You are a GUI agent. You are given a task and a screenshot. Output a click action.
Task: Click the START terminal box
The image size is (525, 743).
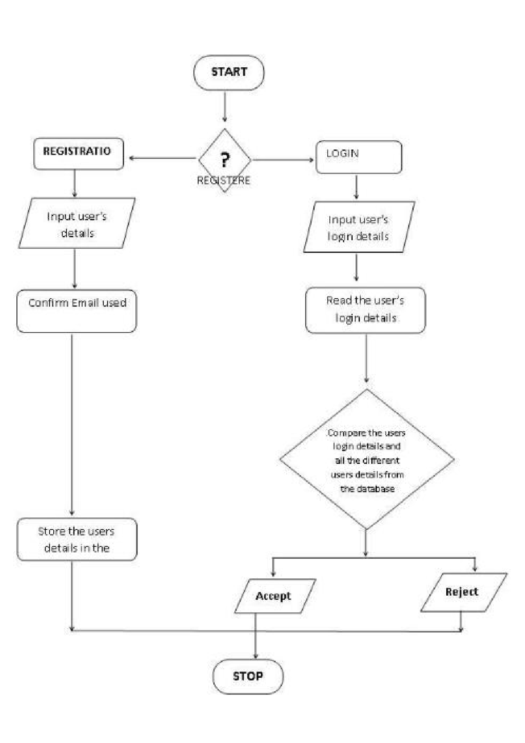tap(229, 73)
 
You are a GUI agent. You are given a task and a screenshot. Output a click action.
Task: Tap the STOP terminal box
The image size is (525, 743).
tap(248, 676)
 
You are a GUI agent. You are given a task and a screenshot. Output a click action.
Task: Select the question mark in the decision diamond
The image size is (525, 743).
tap(224, 159)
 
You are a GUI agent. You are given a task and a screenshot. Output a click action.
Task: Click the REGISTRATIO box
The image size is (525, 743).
tap(78, 153)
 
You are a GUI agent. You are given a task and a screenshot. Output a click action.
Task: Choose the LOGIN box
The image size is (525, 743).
tap(358, 157)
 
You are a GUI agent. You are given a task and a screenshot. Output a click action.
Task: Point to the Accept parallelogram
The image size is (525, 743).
tap(274, 596)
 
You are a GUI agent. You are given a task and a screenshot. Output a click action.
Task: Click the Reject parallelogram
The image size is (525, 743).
tap(463, 592)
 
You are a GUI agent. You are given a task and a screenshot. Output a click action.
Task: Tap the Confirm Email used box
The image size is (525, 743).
tap(77, 311)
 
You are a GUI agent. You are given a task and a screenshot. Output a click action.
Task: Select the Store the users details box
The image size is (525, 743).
tap(77, 539)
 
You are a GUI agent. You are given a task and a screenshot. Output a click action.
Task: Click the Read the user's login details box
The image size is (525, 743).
tap(365, 310)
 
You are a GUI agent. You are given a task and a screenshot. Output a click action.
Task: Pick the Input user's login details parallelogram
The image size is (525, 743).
tap(358, 227)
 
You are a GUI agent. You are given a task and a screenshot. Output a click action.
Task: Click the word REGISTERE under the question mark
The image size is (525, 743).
tap(224, 181)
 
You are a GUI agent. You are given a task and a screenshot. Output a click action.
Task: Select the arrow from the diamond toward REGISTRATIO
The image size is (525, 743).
tap(162, 158)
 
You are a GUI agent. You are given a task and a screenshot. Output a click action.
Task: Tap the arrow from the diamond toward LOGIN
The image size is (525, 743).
tap(283, 160)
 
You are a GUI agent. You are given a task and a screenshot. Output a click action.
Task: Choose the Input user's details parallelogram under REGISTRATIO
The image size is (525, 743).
tap(77, 224)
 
